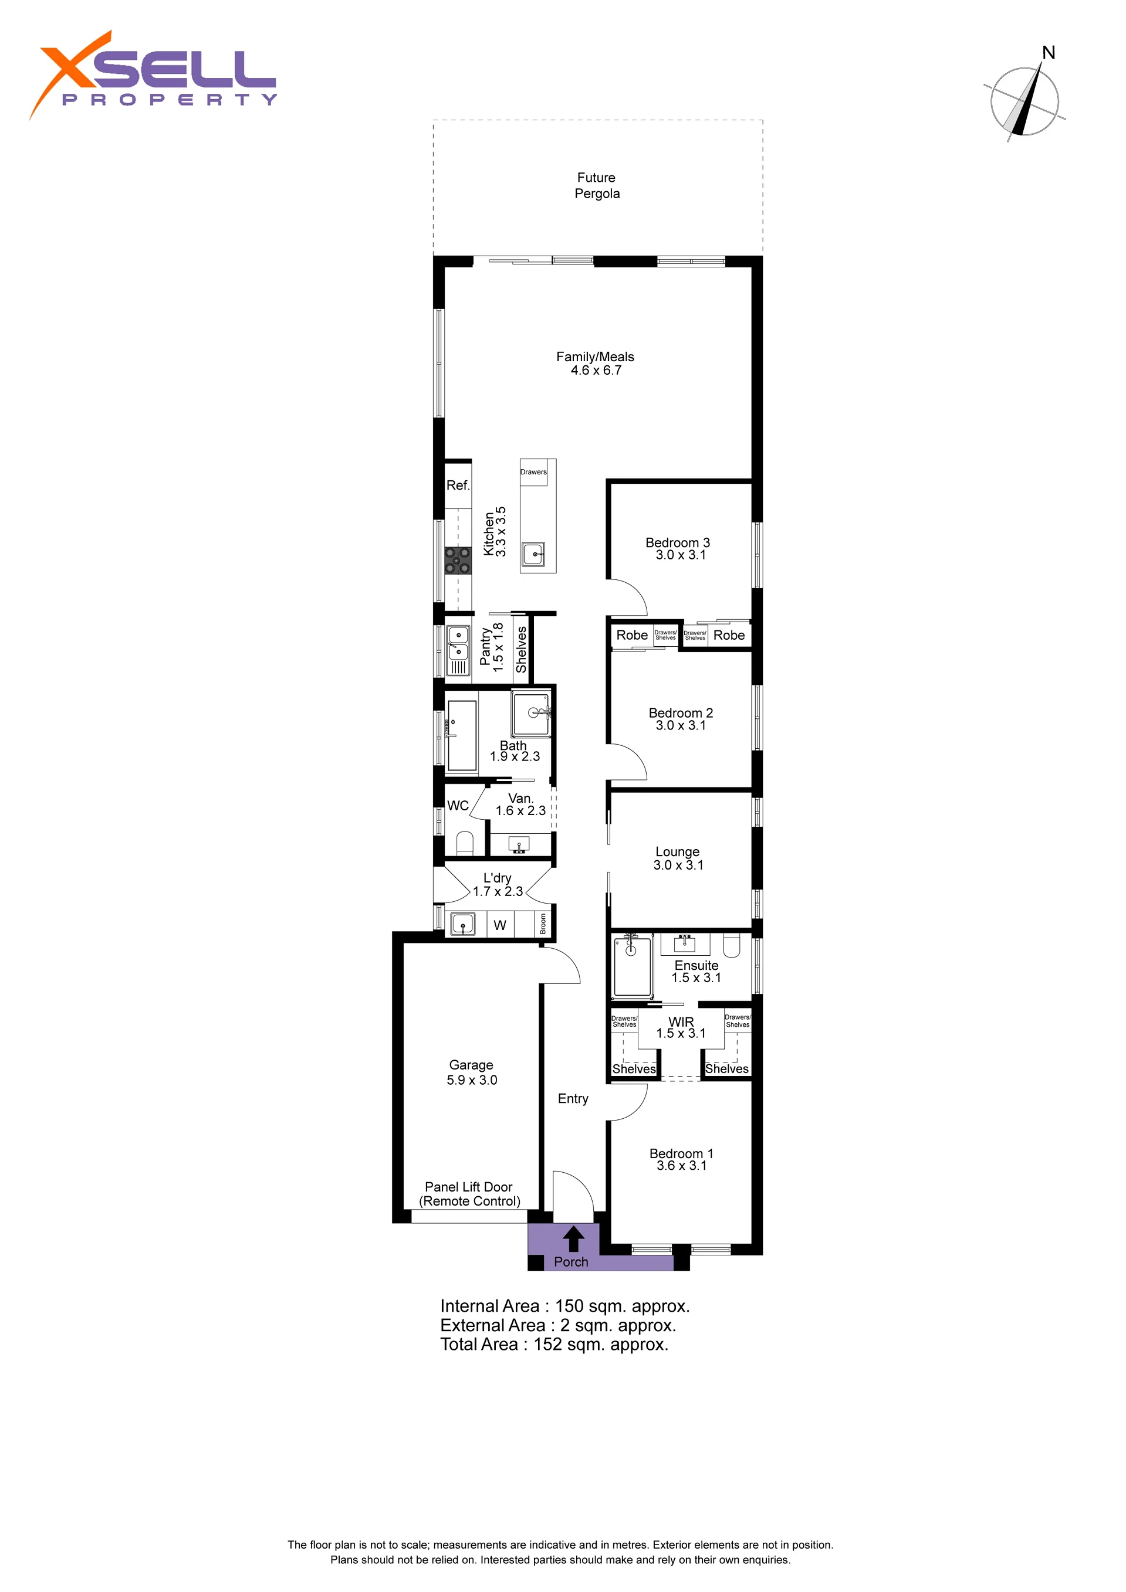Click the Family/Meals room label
tap(594, 357)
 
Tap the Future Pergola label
tap(597, 185)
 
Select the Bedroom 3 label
tap(677, 542)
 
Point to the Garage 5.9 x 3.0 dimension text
tap(472, 1080)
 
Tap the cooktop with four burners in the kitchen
tap(458, 561)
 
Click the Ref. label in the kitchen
tap(458, 486)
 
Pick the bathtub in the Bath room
tap(462, 736)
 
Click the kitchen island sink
tap(533, 554)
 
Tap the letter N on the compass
tap(1049, 53)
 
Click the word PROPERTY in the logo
tap(170, 100)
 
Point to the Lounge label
tap(677, 851)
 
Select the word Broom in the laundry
tap(543, 924)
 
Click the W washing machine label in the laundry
tap(499, 925)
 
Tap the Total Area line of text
tap(554, 1345)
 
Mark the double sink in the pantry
tap(458, 643)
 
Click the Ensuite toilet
tap(732, 945)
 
